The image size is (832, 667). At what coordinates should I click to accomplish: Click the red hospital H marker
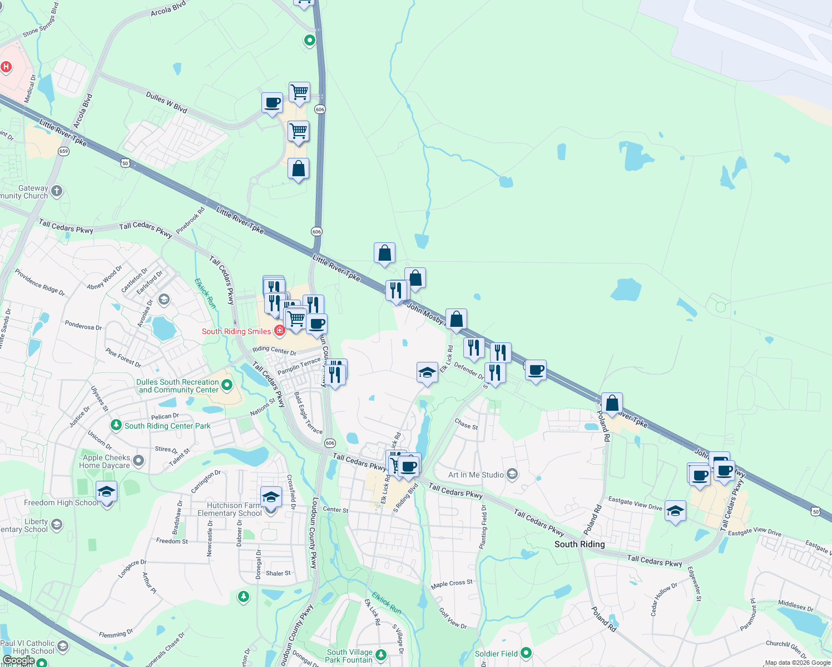point(6,67)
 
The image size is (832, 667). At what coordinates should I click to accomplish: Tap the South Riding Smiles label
point(236,331)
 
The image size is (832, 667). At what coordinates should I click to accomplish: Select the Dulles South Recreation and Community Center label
point(179,386)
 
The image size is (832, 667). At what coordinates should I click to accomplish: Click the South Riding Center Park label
point(167,426)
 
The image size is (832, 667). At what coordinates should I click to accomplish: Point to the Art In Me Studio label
point(476,475)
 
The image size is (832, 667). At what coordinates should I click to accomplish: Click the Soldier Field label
point(496,654)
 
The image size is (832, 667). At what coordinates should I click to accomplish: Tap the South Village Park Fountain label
point(349,656)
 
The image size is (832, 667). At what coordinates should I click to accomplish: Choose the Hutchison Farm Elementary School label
point(229,509)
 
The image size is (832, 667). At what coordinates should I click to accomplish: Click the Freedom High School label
point(61,502)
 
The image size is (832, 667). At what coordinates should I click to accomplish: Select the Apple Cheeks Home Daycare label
point(106,461)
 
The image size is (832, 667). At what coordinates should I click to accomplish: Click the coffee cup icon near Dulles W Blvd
point(272,103)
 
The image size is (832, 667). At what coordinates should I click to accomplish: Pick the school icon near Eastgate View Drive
point(675,511)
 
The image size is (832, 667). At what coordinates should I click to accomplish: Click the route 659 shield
point(64,151)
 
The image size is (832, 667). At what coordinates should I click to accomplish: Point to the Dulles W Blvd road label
point(166,102)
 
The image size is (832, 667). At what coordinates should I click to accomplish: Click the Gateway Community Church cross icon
point(57,192)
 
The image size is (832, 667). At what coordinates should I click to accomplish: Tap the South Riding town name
point(580,544)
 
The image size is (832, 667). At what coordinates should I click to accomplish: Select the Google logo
point(18,660)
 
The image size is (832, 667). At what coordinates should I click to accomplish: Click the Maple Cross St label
point(452,584)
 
